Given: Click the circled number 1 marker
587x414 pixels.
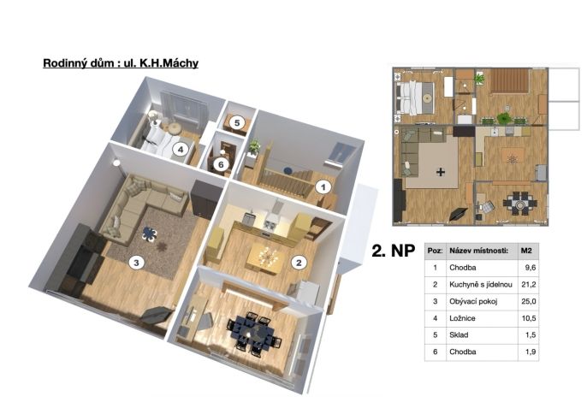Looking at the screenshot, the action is [x=323, y=186].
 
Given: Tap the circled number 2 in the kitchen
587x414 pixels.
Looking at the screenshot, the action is [x=299, y=263].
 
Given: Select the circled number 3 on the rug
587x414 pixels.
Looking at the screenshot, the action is [x=136, y=263].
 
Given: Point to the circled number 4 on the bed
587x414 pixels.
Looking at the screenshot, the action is [x=181, y=150].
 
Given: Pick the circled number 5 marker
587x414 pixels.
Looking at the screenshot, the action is [x=237, y=122].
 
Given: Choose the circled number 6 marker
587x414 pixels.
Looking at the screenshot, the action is [x=221, y=164].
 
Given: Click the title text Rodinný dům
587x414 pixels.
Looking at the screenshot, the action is [x=78, y=63].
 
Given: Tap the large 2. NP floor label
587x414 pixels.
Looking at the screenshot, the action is [x=393, y=251].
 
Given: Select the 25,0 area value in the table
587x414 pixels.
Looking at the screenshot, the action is [x=528, y=301].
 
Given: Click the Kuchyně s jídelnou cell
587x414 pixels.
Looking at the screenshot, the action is [x=481, y=285].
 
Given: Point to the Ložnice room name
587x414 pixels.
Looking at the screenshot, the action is [x=462, y=318].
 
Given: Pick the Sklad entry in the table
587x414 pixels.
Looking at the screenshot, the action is [x=459, y=335].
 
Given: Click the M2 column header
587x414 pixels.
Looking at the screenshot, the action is [x=526, y=251].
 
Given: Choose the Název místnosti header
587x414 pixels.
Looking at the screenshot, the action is [x=479, y=251].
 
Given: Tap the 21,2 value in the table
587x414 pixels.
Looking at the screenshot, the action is [x=528, y=285].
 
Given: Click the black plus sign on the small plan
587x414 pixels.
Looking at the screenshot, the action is [x=441, y=172].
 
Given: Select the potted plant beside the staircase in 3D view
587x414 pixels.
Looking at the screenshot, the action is [x=254, y=146].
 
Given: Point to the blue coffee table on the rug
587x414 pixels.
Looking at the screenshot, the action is [x=150, y=234].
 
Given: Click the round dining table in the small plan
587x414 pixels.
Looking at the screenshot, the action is [x=519, y=204].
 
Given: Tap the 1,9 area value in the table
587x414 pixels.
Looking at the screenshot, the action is [x=531, y=352].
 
